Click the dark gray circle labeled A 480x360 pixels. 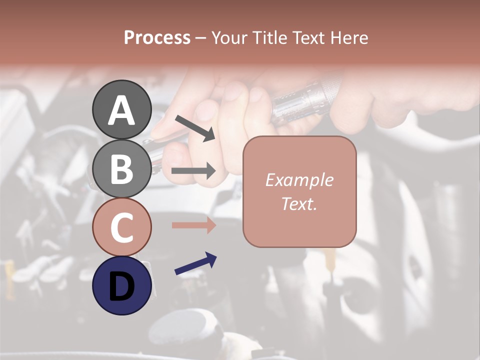pos(122,109)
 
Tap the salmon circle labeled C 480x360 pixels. pos(122,227)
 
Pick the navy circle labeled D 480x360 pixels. pos(122,285)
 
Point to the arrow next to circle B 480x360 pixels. pos(193,171)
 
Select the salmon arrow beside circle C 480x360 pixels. pos(193,225)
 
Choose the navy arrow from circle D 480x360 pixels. pos(195,263)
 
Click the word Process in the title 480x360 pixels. pos(157,37)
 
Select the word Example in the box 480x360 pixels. pos(299,180)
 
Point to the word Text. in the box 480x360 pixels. pos(299,203)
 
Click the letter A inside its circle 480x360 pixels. pos(122,110)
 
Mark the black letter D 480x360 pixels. pos(122,286)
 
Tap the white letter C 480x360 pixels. pos(122,228)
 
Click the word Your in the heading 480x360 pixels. pos(230,37)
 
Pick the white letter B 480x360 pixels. pos(122,169)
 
